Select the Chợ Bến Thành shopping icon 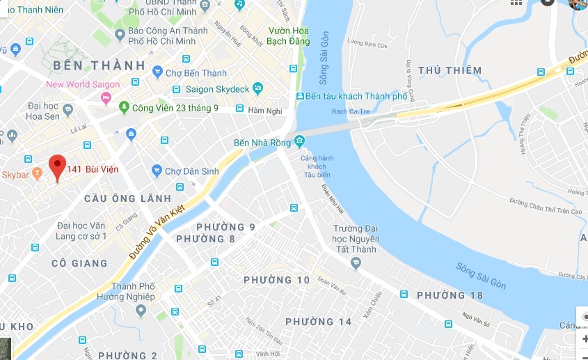pos(158,72)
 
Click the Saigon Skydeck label pos(217,89)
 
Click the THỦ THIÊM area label pos(450,70)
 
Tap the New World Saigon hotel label pos(82,84)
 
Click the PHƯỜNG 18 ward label pos(450,295)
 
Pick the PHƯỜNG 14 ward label pos(319,322)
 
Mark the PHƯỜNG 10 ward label pos(277,280)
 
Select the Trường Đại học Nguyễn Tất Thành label pos(355,239)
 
